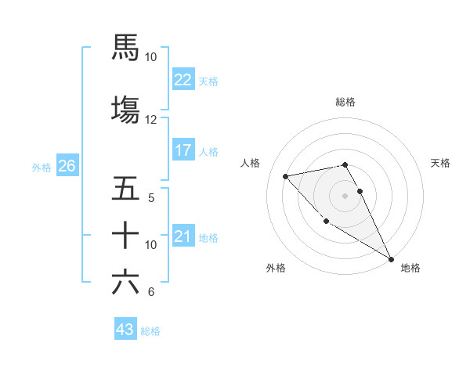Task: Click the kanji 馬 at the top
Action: point(125,47)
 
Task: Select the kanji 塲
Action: point(125,108)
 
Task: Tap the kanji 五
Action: point(125,189)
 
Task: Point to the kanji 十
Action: point(125,235)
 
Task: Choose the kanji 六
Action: point(125,281)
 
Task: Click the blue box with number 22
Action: point(183,80)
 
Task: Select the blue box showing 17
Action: point(183,150)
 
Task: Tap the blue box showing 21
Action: point(183,236)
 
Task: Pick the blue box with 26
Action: point(67,166)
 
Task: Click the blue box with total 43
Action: point(125,330)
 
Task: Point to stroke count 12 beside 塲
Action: point(151,120)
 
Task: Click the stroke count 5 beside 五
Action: point(152,197)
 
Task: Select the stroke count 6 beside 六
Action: point(151,292)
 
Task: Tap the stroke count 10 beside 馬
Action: point(151,57)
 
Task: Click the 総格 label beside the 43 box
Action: point(150,331)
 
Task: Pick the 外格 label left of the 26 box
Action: point(42,167)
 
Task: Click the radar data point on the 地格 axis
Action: point(391,259)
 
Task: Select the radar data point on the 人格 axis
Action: point(286,176)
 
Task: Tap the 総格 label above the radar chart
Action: point(345,102)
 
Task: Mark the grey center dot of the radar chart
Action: point(345,195)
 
